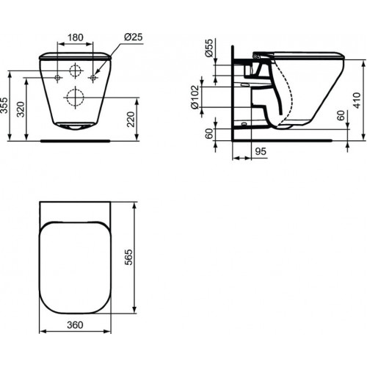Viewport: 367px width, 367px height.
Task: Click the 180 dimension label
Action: pos(75,37)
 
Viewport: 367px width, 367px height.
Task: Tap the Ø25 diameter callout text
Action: pos(134,37)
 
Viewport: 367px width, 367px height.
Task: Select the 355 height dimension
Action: pos(4,106)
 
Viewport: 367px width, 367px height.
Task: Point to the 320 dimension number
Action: pos(21,109)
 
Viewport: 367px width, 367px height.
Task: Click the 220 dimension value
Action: pos(131,119)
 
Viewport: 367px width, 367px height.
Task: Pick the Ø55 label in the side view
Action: pos(209,48)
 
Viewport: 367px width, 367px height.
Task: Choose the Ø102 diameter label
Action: pos(195,97)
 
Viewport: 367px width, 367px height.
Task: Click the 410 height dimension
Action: pos(357,101)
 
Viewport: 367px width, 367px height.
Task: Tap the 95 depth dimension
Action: pos(261,151)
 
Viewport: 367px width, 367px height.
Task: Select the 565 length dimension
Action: pos(128,257)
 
